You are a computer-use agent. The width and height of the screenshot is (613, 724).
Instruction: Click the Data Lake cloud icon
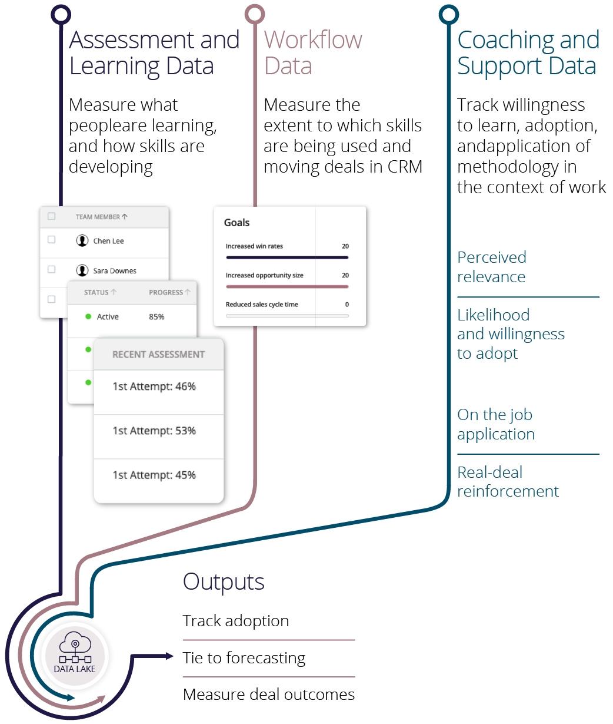pos(75,647)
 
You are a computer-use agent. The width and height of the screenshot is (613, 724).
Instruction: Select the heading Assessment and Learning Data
pos(154,52)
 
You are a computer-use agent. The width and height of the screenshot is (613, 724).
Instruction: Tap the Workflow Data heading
pos(312,52)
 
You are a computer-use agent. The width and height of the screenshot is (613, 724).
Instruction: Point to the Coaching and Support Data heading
pos(528,52)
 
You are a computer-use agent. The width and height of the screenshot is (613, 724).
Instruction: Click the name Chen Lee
pos(108,241)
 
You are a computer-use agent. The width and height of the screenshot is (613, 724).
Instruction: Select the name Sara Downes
pos(114,271)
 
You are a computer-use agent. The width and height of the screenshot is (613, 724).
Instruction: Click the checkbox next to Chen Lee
pos(51,240)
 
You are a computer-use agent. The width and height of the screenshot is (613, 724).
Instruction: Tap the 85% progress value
pos(156,317)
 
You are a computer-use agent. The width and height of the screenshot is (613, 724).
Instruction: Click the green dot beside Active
pos(88,317)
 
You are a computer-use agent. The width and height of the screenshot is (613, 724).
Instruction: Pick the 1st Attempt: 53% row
pos(154,431)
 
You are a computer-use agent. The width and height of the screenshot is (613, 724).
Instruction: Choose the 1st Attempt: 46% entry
pos(154,386)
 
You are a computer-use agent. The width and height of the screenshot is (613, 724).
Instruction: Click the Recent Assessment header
pos(158,355)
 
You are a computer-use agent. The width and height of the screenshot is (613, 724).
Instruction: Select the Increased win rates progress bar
pos(287,257)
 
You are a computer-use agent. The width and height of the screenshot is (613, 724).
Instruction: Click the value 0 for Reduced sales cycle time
pos(347,305)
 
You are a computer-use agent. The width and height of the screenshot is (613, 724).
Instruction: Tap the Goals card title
pos(236,223)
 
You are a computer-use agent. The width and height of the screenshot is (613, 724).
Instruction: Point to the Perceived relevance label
pos(491,267)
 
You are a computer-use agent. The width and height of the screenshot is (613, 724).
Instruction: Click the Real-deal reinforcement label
pos(508,481)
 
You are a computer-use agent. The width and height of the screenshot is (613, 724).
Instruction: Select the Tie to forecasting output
pos(244,657)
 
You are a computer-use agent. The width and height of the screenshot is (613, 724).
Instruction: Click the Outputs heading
pos(224,581)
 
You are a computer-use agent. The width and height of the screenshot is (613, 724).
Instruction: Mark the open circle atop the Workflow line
pos(255,15)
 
